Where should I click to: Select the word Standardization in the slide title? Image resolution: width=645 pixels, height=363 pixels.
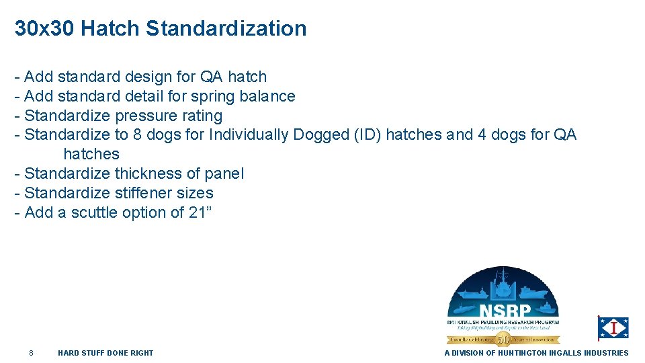(226, 29)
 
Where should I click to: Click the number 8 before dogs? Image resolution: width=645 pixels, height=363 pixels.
(137, 135)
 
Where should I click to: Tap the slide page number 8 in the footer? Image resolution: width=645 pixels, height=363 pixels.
(31, 353)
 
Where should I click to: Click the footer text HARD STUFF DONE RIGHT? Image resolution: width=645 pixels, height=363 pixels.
(105, 353)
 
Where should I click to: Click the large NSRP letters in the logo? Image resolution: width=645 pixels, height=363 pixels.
(505, 312)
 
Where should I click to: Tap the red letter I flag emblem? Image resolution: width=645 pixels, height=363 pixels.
(613, 328)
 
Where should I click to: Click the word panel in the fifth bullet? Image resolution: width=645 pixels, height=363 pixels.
(224, 174)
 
